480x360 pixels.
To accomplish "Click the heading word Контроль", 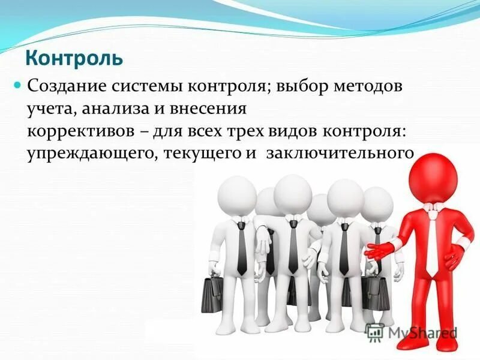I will (x=73, y=58).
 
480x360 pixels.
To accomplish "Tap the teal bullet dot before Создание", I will (x=18, y=85).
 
